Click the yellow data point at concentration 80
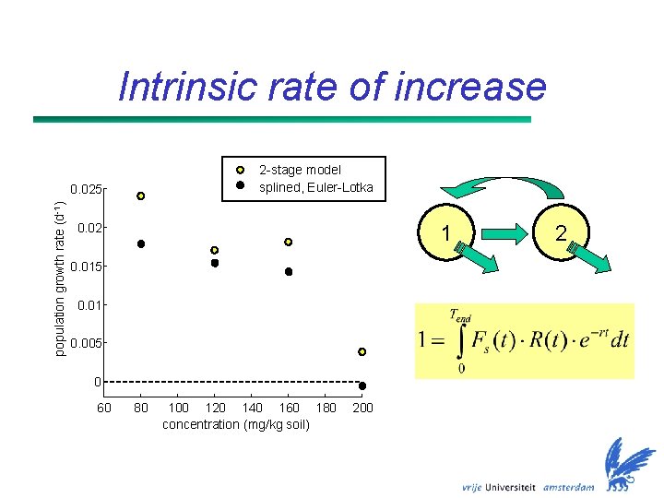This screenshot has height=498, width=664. click(x=141, y=196)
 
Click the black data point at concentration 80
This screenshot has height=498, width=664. click(x=141, y=243)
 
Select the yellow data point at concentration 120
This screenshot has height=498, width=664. click(x=215, y=250)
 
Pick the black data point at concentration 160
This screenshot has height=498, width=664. click(x=289, y=272)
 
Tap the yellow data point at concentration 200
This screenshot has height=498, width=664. click(x=362, y=351)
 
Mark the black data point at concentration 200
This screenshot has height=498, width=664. click(x=362, y=385)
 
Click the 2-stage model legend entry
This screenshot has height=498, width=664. click(x=300, y=170)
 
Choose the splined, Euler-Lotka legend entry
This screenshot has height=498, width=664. click(x=315, y=187)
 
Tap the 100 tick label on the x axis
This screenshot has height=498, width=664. click(x=179, y=408)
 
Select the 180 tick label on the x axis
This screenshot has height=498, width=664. click(x=326, y=408)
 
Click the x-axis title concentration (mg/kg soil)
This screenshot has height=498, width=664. click(x=236, y=424)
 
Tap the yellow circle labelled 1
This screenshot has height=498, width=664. click(x=446, y=234)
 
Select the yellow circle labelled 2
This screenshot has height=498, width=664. click(x=560, y=234)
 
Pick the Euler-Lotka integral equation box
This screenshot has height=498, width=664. click(x=524, y=340)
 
